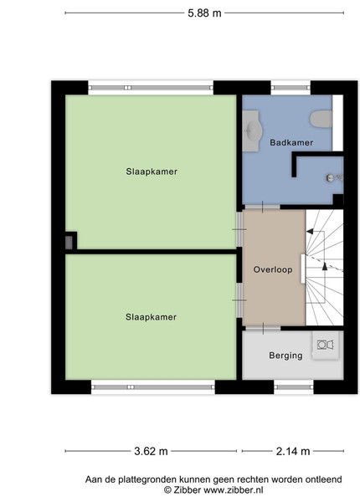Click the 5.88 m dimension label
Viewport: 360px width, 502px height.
coord(204,13)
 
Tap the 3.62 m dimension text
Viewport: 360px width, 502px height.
coord(151,451)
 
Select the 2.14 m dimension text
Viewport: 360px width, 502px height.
coord(293,451)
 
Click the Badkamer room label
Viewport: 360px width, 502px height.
coord(291,142)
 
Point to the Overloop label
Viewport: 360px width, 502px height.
coord(273,269)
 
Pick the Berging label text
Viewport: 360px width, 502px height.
coord(285,356)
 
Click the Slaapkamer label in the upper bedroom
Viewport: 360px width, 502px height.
coord(152,172)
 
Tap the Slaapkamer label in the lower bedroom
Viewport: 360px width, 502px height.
coord(151,317)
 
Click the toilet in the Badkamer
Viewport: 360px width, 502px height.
coord(321,119)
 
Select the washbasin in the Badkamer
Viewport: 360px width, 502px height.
coord(252,131)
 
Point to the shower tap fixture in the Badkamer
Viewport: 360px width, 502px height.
coord(334,177)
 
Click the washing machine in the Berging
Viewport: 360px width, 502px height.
coord(326,345)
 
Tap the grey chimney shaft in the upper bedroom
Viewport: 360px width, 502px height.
coord(69,243)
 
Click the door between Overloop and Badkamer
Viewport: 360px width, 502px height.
coord(263,207)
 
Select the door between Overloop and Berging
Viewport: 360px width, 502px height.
coord(263,329)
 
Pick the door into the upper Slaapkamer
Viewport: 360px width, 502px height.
coord(239,229)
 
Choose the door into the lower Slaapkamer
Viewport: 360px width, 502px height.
coord(239,300)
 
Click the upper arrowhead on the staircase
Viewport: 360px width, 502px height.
coord(310,231)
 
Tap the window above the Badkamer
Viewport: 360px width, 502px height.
coord(291,88)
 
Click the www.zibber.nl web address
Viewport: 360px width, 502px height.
coord(234,489)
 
